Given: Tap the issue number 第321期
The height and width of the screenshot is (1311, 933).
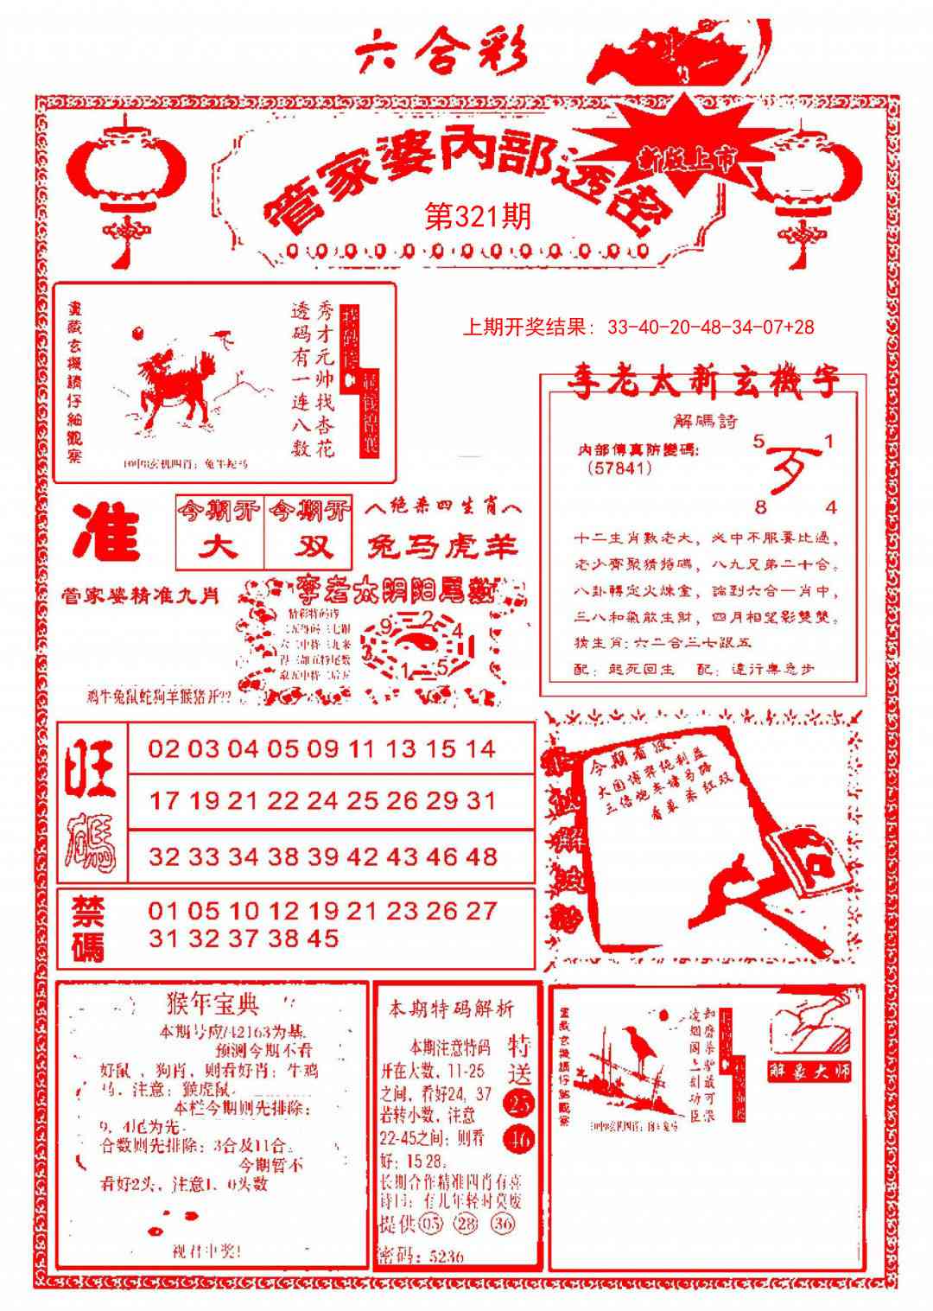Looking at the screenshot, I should (478, 216).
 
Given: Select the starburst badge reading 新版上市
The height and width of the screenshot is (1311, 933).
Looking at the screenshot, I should (687, 156).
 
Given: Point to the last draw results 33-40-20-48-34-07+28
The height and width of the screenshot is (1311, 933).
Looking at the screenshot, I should (710, 328).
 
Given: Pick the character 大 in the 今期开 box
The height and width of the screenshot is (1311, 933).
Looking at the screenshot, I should (219, 546).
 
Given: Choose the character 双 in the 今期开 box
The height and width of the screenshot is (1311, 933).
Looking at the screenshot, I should (308, 546).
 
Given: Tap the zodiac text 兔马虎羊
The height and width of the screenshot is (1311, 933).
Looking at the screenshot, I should (442, 546).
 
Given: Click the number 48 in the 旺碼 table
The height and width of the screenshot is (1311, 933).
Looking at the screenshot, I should (480, 856).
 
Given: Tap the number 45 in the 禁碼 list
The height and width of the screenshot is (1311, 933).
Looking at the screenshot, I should (321, 938).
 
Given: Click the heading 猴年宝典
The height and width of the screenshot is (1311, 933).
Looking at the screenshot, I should (211, 1004).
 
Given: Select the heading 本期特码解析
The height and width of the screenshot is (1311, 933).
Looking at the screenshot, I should (451, 1009).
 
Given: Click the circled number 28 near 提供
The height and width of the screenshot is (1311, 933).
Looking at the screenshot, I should (467, 1224).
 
